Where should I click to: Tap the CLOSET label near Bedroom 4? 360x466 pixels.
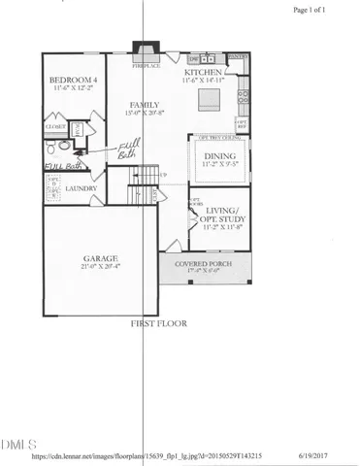coord(55,126)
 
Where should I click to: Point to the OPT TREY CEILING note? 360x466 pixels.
coord(217,138)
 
